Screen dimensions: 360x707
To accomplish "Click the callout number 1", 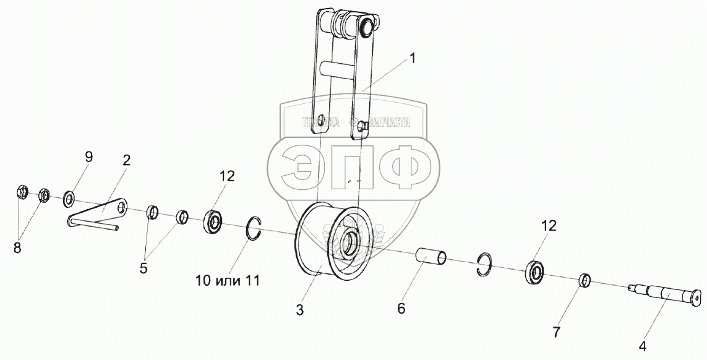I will tap(413, 59).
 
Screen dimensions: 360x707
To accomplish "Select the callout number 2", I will tap(126, 161).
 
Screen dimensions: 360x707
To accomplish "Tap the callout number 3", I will tap(299, 310).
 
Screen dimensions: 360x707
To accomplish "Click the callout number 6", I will tap(401, 308).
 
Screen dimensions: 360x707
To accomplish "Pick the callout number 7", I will tap(557, 333).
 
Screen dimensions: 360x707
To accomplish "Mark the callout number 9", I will tap(88, 156).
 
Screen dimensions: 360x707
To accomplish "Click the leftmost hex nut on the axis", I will tap(20, 194).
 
